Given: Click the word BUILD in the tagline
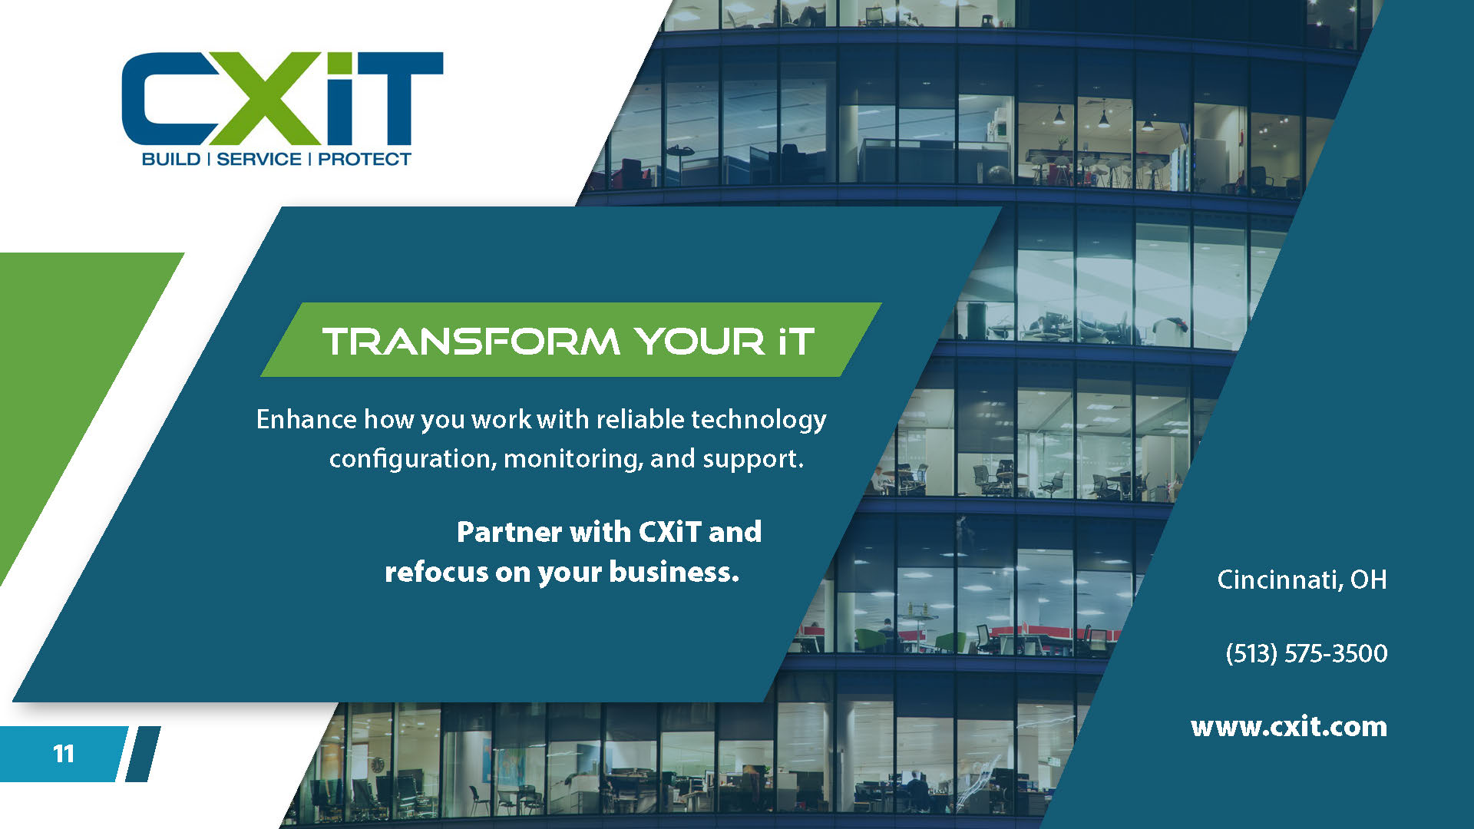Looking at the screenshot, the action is coord(171,159).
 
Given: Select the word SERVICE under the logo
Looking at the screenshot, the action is coord(259,159).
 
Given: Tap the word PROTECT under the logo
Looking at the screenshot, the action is coord(365,159).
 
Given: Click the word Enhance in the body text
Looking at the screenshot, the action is coord(306,419).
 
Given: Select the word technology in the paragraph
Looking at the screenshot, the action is coord(758,420).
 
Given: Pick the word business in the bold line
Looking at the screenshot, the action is coord(674,572).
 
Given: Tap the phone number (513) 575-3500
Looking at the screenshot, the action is coord(1307,653).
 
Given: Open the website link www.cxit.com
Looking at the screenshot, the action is coord(1289,726).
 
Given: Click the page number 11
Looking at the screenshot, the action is coord(64,754).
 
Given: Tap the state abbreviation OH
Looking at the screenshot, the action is coord(1369,580).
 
